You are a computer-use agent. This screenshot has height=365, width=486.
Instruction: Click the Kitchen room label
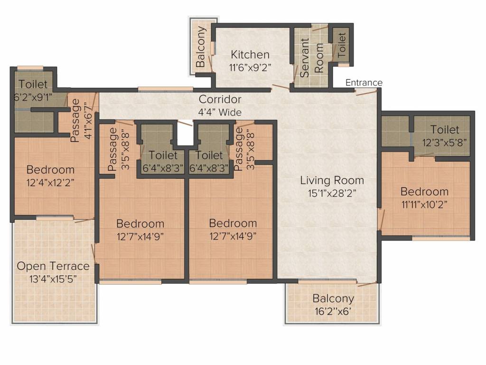[x=250, y=55]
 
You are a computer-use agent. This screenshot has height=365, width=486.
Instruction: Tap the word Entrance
[x=364, y=83]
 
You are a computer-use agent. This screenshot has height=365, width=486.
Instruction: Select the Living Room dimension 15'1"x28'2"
[x=332, y=193]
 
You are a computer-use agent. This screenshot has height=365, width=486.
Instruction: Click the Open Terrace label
[x=53, y=266]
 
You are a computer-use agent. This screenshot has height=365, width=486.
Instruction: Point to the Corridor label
[x=220, y=99]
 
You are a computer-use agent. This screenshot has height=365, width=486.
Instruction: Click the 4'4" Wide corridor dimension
[x=220, y=112]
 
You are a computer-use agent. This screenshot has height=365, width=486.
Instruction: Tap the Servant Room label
[x=312, y=58]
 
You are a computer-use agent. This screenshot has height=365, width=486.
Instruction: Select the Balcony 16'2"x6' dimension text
[x=333, y=311]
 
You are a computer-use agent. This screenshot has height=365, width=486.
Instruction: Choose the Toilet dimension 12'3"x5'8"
[x=444, y=143]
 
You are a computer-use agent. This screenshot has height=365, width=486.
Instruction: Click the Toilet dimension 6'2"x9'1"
[x=33, y=97]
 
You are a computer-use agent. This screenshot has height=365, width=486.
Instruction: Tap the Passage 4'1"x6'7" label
[x=81, y=120]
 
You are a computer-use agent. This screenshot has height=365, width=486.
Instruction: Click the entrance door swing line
[x=366, y=93]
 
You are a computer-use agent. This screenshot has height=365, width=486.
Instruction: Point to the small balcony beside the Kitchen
[x=201, y=46]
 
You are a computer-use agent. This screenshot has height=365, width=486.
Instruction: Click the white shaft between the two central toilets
[x=186, y=133]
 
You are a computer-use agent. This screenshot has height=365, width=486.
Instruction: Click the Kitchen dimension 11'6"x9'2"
[x=250, y=67]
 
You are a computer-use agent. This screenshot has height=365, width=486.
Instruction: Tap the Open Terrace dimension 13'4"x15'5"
[x=53, y=279]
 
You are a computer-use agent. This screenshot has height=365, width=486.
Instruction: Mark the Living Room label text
[x=332, y=180]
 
